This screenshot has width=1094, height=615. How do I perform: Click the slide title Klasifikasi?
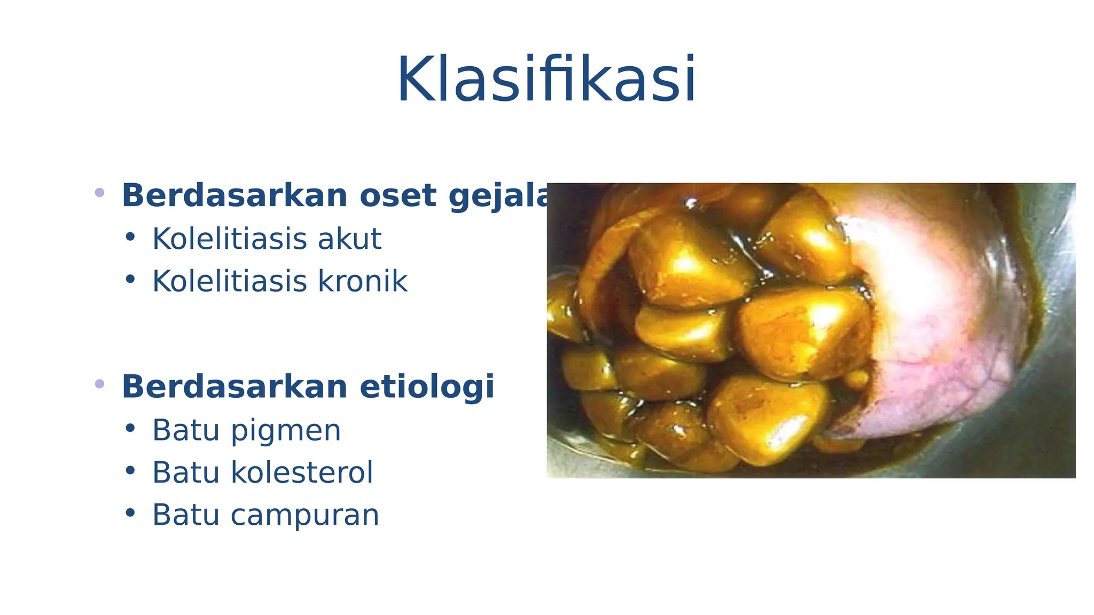point(546,80)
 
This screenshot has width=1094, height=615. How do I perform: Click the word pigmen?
point(286,430)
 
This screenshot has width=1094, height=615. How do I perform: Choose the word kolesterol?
point(301,472)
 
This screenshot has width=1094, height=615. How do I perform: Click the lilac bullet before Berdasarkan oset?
point(99,193)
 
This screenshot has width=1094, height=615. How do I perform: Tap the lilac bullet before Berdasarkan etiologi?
point(99,384)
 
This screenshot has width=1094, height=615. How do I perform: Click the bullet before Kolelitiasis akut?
point(130,236)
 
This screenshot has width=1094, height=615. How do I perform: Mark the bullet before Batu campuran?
point(130,513)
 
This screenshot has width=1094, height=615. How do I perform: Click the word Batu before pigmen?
point(186,430)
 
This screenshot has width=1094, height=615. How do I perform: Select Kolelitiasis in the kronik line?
point(230,281)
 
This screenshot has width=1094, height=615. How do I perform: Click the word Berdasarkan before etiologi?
point(235,387)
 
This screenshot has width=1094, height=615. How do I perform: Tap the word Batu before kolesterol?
point(186,472)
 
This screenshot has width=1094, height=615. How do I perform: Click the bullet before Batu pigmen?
point(130,428)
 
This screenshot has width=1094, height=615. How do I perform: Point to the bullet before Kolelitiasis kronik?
point(130,279)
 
